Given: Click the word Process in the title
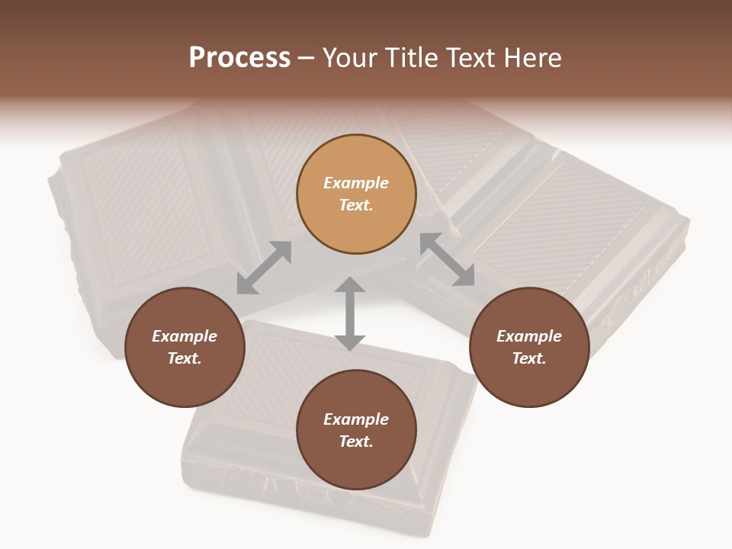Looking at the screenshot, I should pos(239,58).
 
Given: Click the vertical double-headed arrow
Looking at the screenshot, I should pos(350,313).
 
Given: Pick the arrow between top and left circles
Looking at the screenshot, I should pos(264,268).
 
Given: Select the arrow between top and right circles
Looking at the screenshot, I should pos(447,259).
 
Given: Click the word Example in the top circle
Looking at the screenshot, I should pos(356,183).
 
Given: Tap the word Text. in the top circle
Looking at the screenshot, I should pos(356,205).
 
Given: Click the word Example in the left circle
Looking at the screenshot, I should pos(185,336).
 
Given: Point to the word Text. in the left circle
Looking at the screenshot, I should pos(185,358).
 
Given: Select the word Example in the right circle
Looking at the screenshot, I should pos(529,336).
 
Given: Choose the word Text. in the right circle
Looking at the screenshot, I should pos(529,358).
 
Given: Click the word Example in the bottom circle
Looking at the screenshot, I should pos(356,419).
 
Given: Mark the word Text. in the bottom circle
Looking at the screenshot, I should pos(356,441).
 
